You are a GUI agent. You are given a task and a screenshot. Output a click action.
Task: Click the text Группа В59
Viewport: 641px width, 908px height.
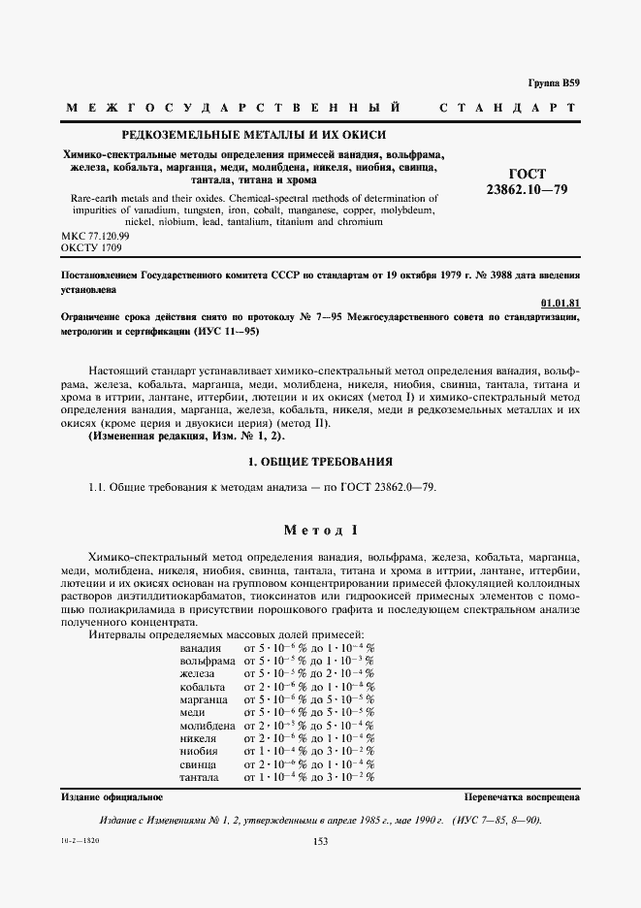coord(554,83)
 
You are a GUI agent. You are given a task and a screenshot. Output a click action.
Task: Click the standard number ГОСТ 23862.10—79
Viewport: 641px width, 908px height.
coord(526,178)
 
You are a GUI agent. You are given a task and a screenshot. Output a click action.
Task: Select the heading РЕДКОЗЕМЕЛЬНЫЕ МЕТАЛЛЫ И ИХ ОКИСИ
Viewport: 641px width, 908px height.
coord(252,134)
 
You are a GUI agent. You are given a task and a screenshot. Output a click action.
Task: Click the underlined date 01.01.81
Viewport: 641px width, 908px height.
coord(560,304)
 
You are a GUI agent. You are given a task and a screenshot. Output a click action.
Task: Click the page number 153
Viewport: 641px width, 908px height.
coord(321,841)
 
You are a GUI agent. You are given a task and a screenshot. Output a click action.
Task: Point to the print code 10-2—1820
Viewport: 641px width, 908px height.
coord(80,840)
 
